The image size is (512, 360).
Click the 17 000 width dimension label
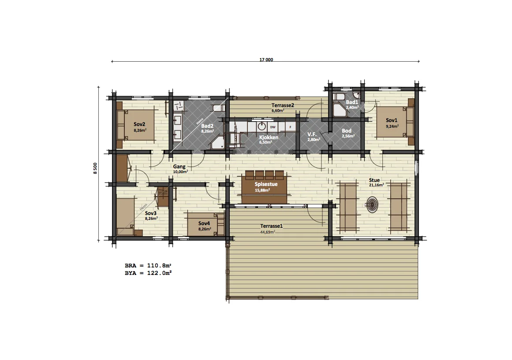coord(266,60)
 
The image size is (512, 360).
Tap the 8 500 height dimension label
coord(95,168)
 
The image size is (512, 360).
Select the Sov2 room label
coord(139,124)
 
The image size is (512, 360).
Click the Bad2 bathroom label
coord(207,126)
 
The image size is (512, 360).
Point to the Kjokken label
coord(269,137)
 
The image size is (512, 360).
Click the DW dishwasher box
coord(273,127)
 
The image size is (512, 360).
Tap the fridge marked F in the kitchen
coord(290,127)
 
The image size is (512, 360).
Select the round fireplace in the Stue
coord(372,204)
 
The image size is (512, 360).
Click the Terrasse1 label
coord(271,226)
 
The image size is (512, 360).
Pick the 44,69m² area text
coord(267,232)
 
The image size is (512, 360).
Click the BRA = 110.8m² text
coord(148,266)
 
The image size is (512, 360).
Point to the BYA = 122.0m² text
coord(148,273)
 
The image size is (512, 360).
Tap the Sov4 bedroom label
coord(204,223)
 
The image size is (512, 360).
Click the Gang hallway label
coord(179,167)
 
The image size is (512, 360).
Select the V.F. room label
coord(312,134)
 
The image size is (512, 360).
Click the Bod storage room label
coord(347,131)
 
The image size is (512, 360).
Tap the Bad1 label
coord(352,102)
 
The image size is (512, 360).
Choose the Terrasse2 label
coord(283,105)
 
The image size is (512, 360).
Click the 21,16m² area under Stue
coord(377,185)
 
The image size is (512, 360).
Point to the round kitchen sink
coord(262,126)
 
